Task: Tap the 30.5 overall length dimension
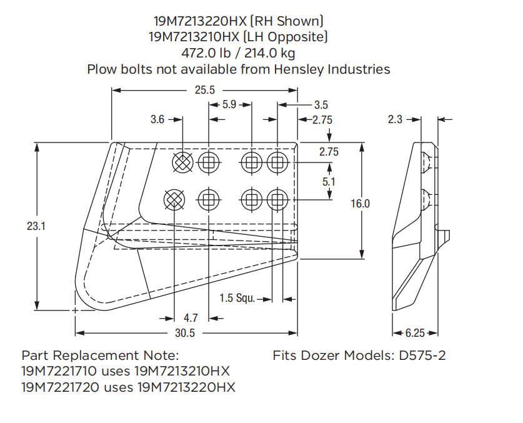[x=184, y=333]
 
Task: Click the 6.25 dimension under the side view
[x=416, y=333]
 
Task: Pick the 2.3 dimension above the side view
[x=395, y=119]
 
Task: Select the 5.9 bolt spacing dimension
[x=229, y=105]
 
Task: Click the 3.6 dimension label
[x=157, y=119]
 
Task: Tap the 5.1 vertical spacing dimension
[x=329, y=181]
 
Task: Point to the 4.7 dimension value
[x=191, y=318]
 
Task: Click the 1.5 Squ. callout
[x=237, y=299]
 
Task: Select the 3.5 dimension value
[x=321, y=105]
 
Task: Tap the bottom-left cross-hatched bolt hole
[x=174, y=200]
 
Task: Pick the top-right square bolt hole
[x=276, y=164]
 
